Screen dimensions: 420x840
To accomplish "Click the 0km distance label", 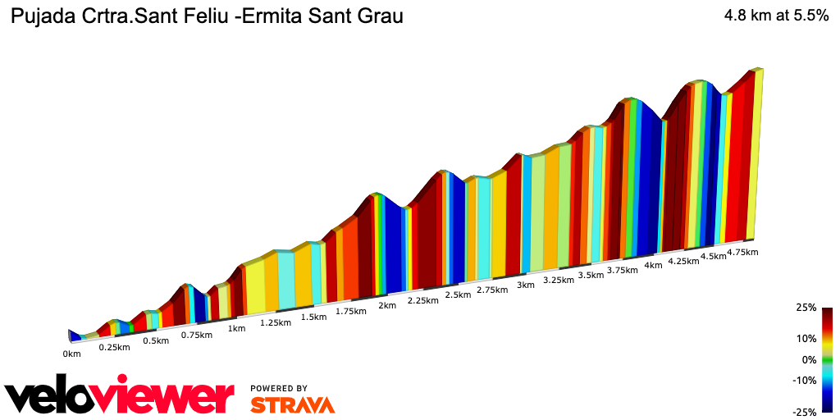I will [x=72, y=354].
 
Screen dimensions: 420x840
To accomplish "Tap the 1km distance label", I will [x=236, y=329].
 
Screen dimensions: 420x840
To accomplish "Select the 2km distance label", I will [x=387, y=306].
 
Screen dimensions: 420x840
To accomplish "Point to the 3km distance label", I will [x=526, y=285].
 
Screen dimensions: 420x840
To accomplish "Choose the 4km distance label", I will [x=653, y=266].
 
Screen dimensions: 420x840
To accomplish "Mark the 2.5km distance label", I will [x=458, y=295].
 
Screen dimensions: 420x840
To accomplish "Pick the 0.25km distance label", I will [x=114, y=348].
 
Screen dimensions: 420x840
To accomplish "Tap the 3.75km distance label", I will [x=623, y=270].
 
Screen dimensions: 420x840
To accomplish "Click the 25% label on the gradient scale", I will [x=807, y=308].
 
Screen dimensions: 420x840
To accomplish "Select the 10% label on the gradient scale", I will [x=807, y=338].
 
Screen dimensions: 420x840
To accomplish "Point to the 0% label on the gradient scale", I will [x=810, y=359].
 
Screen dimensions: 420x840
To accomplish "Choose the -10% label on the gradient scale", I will [x=806, y=380].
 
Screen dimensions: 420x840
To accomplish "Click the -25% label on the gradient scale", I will [x=806, y=411].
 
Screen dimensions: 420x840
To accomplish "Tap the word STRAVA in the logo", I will [x=292, y=405].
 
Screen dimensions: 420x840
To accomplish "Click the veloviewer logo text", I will [x=120, y=397].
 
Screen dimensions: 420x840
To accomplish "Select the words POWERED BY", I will [x=279, y=388].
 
